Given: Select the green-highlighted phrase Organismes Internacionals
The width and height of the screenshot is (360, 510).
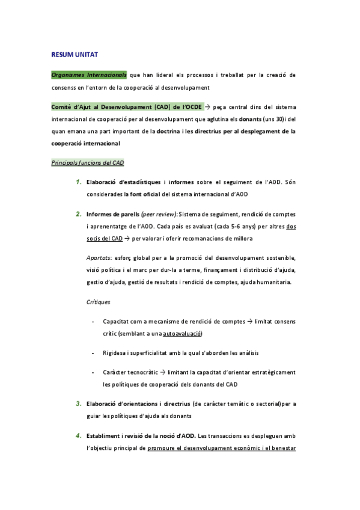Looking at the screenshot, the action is pos(89,75).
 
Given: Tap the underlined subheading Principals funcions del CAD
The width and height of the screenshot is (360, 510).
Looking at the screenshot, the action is pos(88,162).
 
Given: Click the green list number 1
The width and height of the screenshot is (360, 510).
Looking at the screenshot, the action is pos(78,182).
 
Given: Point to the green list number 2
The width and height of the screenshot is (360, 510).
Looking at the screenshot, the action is pos(78,214).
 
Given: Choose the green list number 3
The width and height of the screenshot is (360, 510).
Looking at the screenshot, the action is pos(78,403).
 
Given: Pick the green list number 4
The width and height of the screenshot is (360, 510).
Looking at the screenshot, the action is pos(78,435).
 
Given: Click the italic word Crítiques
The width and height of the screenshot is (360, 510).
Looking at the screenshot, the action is pos(98,301).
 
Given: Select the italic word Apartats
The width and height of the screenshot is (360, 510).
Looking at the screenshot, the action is pos(99,257).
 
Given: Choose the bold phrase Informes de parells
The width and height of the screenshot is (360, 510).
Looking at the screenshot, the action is pos(112,214).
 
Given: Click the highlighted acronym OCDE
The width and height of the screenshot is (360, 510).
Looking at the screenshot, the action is pos(192,107).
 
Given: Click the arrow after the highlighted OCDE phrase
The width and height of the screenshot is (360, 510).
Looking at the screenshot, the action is pos(208,107).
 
